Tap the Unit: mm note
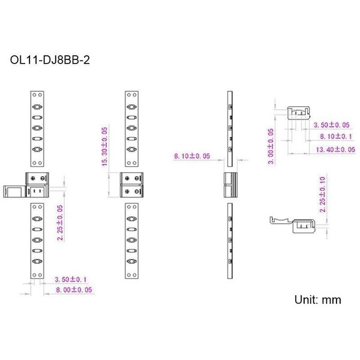click(317, 299)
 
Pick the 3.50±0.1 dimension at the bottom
click(71, 280)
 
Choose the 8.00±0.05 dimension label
click(74, 290)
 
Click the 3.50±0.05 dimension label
click(332, 125)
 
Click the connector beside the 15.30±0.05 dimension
click(133, 185)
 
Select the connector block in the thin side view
click(230, 185)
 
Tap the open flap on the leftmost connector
click(14, 191)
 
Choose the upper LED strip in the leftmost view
click(37, 128)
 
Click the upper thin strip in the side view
click(230, 128)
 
